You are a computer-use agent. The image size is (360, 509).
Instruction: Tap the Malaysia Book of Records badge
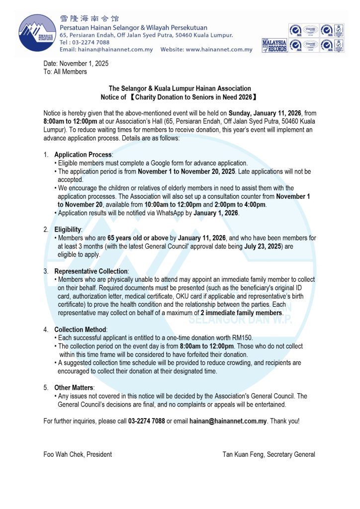click(274, 46)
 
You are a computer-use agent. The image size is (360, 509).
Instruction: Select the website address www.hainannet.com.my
click(219, 50)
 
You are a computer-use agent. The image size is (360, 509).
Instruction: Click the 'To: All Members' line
click(65, 72)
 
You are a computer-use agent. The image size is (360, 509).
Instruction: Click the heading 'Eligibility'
click(68, 230)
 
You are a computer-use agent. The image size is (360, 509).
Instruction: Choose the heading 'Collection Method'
click(80, 330)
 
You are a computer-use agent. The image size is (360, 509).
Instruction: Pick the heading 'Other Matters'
click(74, 388)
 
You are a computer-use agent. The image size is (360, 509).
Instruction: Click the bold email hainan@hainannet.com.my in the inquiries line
click(229, 421)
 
